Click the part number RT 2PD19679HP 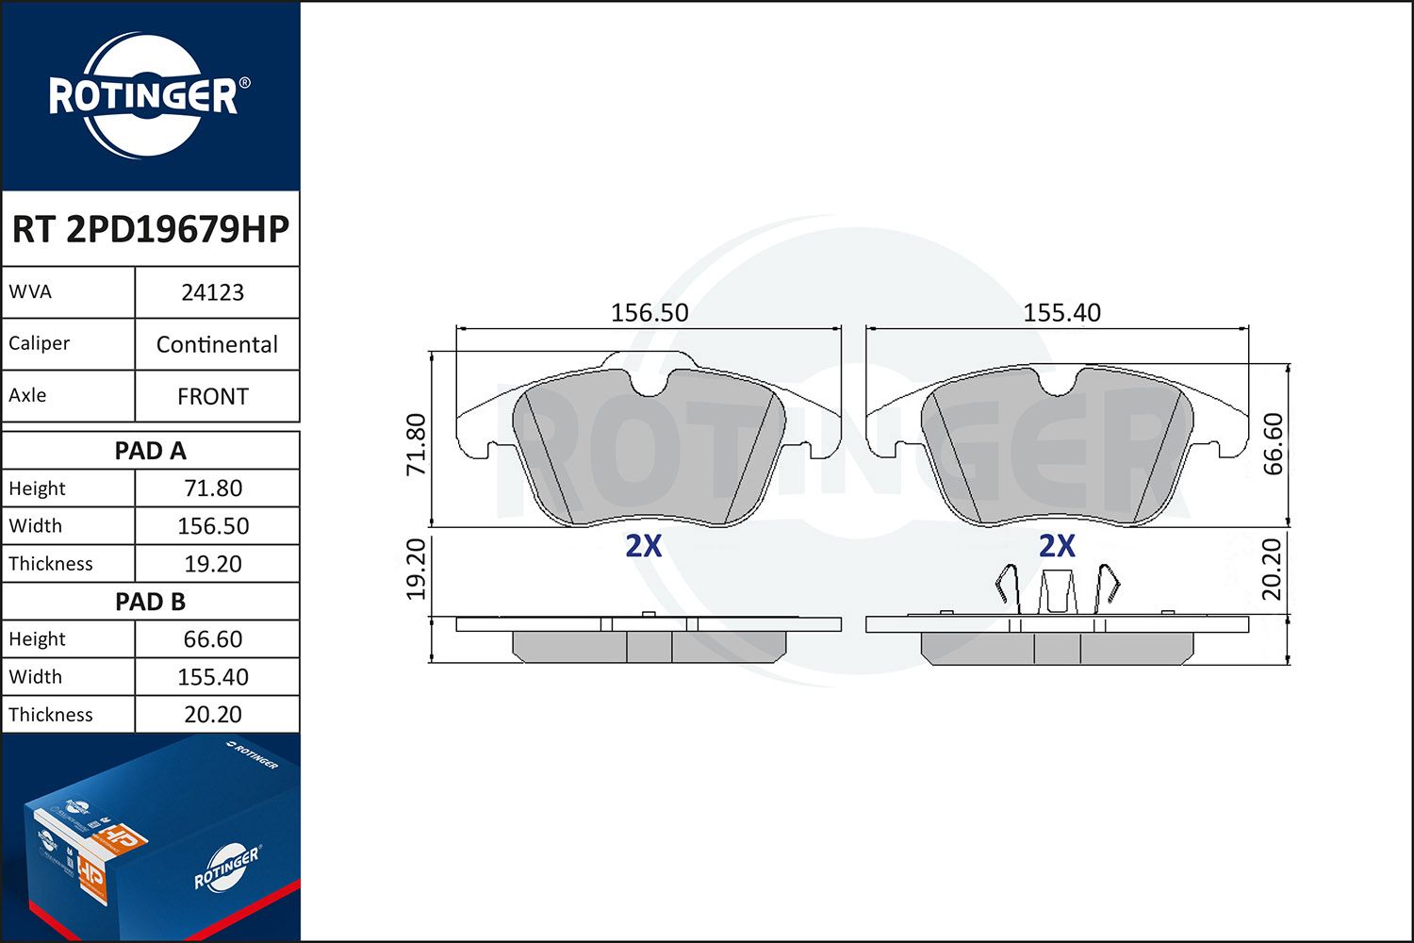click(x=150, y=229)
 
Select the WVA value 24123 click(x=213, y=292)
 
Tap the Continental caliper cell click(x=217, y=344)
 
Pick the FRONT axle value click(x=213, y=396)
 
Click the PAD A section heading click(x=150, y=451)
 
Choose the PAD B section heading click(x=150, y=602)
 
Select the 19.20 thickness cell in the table click(x=213, y=564)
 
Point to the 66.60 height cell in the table click(x=213, y=639)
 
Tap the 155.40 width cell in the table click(x=213, y=677)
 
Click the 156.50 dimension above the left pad click(x=649, y=312)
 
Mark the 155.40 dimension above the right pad click(x=1061, y=312)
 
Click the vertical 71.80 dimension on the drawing click(x=417, y=444)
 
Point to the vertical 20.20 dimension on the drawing click(x=1273, y=569)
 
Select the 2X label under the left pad click(x=644, y=546)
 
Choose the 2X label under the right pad click(x=1057, y=546)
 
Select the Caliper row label click(x=40, y=343)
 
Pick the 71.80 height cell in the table click(x=213, y=488)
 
